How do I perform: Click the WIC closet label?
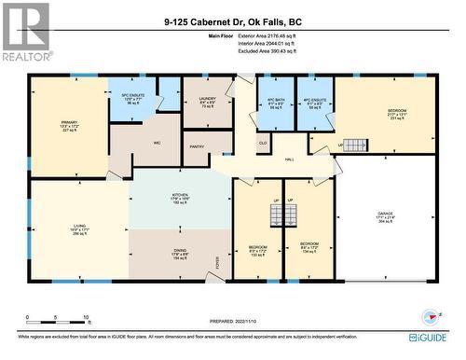point(158,143)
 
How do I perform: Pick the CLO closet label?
point(264,143)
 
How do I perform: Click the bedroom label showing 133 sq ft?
point(258,248)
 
